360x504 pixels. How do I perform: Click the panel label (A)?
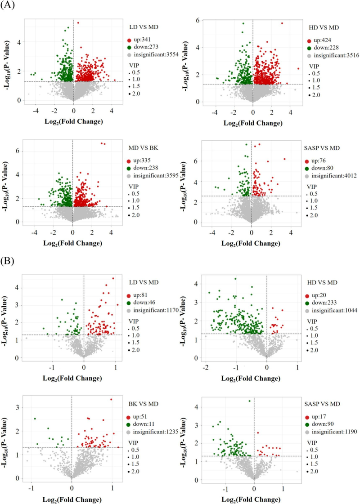(x=8, y=6)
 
